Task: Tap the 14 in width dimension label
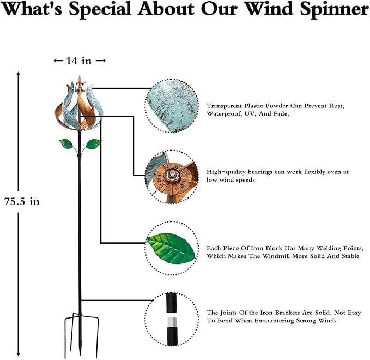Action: pos(80,61)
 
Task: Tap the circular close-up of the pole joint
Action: pos(170,319)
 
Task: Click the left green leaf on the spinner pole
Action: pos(65,145)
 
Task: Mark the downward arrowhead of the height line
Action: pos(20,353)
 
